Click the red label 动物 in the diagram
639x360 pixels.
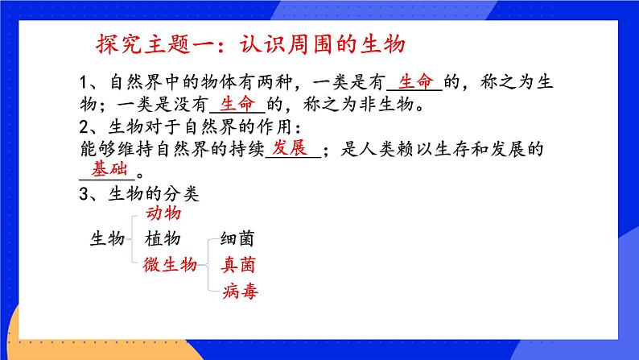pyautogui.click(x=163, y=214)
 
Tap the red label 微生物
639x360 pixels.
pyautogui.click(x=170, y=263)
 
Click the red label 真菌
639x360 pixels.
pyautogui.click(x=239, y=263)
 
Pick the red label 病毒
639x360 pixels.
pyautogui.click(x=239, y=291)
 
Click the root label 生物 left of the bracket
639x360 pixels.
pyautogui.click(x=107, y=238)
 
